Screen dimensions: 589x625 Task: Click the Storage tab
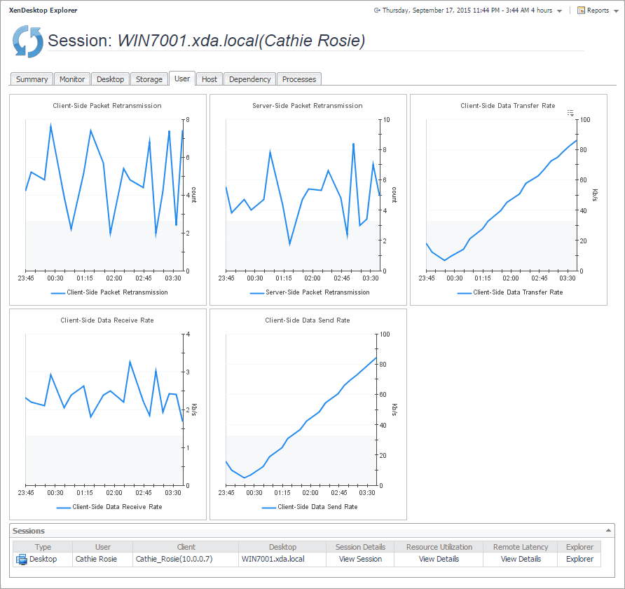pos(149,79)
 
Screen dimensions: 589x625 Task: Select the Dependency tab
pos(249,79)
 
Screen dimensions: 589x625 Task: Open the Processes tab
pos(299,79)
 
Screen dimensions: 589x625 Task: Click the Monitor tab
pos(72,79)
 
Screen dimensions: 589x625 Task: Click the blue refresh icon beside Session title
pos(28,41)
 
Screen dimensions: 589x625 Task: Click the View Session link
pos(360,559)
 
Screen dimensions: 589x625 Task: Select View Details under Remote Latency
pos(521,559)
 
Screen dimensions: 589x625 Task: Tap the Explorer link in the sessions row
pos(579,559)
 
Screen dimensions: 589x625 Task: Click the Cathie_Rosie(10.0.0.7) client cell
pos(174,559)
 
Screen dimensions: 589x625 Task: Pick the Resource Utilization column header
pos(439,547)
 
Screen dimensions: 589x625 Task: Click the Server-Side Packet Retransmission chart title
pos(308,106)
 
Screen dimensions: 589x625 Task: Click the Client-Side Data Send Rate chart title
pos(308,320)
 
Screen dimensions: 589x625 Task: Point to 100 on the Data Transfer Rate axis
pos(584,119)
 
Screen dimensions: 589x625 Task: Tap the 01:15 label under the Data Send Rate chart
pos(284,493)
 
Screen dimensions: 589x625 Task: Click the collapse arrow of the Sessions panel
pos(607,531)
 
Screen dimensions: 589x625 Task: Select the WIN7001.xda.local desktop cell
pos(273,559)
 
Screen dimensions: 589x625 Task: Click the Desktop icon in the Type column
pos(22,559)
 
